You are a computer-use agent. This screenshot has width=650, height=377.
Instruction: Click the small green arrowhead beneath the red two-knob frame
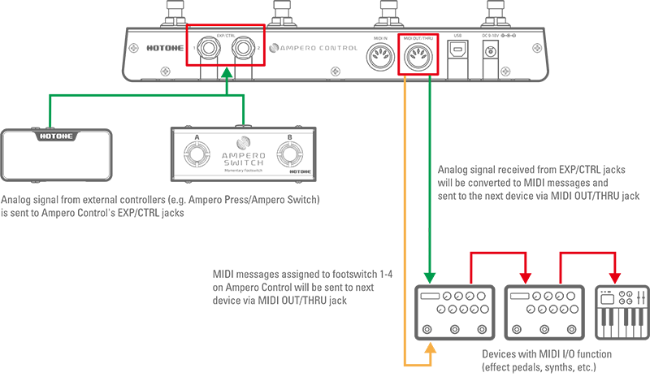coord(227,73)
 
